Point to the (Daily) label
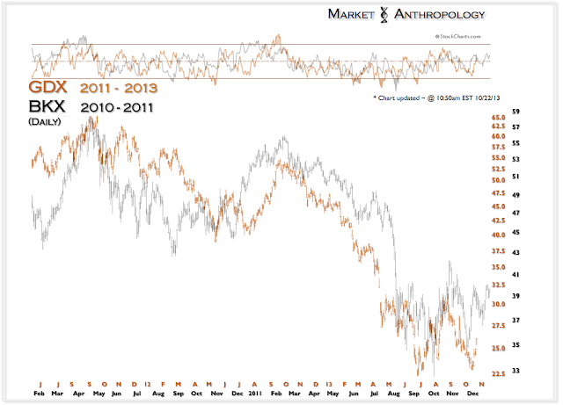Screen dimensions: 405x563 pos(45,122)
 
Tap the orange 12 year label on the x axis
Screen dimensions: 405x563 pos(150,385)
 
